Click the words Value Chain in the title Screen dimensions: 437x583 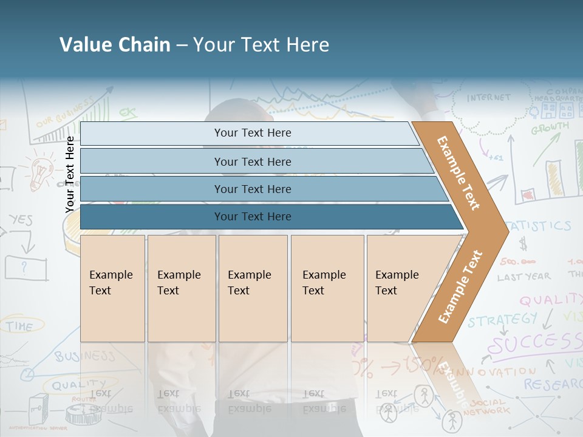(115, 45)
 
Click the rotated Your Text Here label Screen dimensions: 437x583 (70, 174)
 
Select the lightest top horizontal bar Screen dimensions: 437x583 (252, 133)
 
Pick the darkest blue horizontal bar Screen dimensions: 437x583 (252, 217)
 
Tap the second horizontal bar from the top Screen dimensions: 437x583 (252, 161)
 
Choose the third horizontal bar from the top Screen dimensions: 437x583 (252, 189)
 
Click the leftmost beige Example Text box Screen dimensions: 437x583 (112, 288)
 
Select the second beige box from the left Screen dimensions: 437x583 (181, 288)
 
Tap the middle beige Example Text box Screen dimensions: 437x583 (252, 288)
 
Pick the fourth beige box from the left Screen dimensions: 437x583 (327, 288)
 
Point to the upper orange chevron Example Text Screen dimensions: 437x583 (459, 172)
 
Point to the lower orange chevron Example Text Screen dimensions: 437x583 (460, 286)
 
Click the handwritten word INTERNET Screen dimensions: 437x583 (489, 97)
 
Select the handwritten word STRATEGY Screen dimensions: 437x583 (502, 319)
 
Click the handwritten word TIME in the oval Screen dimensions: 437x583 (20, 327)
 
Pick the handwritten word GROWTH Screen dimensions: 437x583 (550, 128)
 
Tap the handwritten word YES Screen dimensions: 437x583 (21, 220)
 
